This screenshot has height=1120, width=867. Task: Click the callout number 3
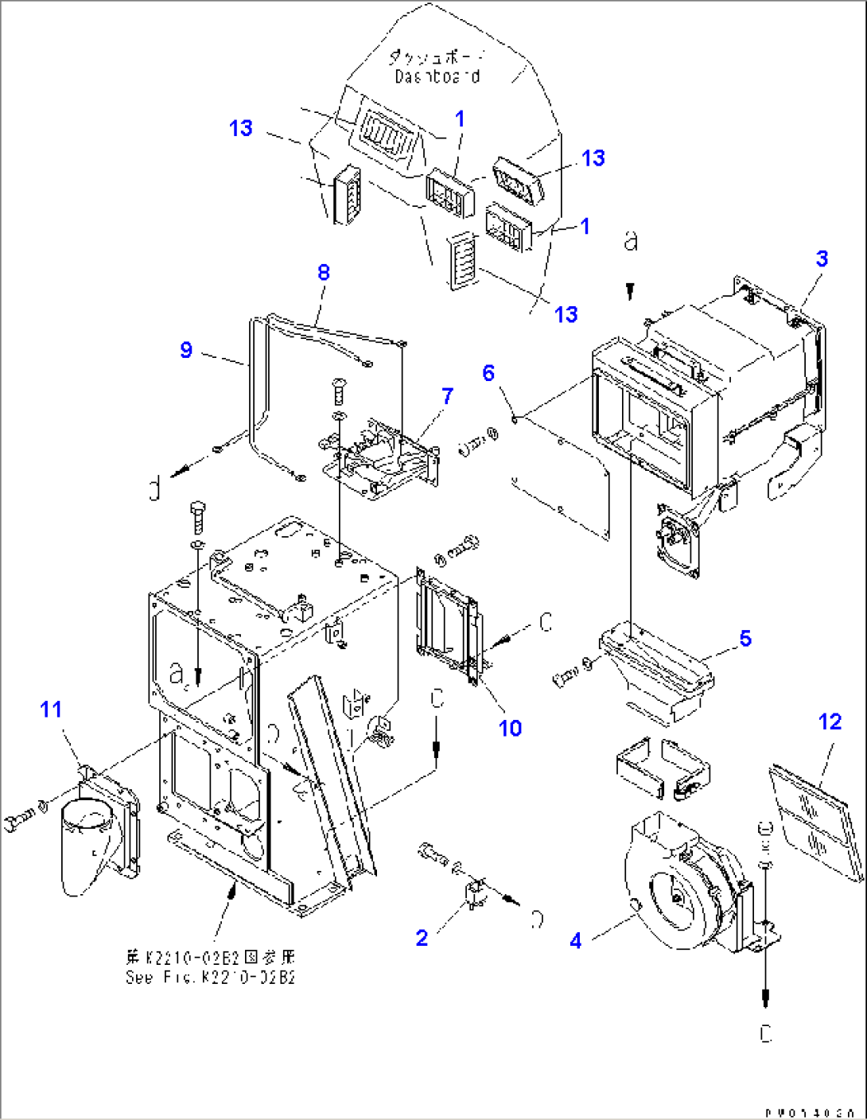[x=822, y=259]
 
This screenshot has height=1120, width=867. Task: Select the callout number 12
[x=830, y=721]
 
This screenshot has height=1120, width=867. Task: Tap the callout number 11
[x=51, y=709]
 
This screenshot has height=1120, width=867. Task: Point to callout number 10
[x=510, y=728]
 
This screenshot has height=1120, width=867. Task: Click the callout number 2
[x=422, y=938]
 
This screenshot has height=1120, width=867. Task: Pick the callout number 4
[x=576, y=940]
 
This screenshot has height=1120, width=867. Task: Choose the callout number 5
[x=745, y=638]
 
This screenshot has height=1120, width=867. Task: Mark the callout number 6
[x=488, y=372]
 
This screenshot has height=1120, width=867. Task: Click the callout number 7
[x=447, y=395]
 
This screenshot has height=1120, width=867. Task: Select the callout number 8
[x=323, y=272]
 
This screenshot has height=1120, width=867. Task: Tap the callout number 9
[x=186, y=350]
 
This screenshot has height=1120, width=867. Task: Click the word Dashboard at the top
[x=437, y=76]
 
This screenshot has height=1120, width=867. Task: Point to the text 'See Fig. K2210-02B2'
[x=211, y=977]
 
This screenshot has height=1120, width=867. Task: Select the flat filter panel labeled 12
[x=815, y=819]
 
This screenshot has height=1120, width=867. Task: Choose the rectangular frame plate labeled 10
[x=448, y=628]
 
